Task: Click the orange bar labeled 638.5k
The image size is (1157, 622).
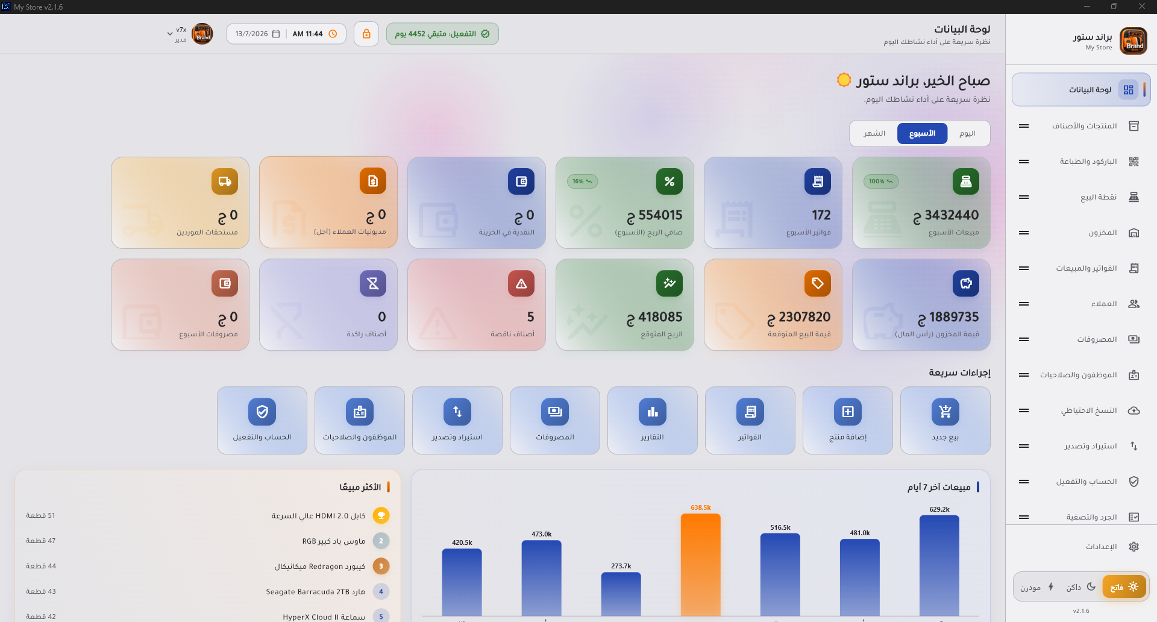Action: [700, 565]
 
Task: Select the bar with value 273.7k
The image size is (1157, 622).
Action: [621, 594]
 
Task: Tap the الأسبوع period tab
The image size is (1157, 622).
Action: [922, 133]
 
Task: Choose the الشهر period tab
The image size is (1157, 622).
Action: [874, 133]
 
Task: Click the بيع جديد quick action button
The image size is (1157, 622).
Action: [945, 420]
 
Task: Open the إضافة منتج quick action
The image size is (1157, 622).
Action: [847, 420]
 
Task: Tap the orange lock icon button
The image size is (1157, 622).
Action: [366, 34]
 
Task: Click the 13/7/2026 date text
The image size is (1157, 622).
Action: [251, 34]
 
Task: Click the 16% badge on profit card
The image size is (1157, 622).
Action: [582, 181]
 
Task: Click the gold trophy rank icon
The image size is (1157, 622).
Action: [381, 515]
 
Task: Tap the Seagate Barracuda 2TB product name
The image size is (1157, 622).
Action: [316, 592]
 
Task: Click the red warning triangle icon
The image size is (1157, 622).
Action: [521, 283]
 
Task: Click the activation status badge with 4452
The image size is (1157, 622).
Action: [442, 34]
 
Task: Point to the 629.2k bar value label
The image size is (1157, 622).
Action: [939, 509]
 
